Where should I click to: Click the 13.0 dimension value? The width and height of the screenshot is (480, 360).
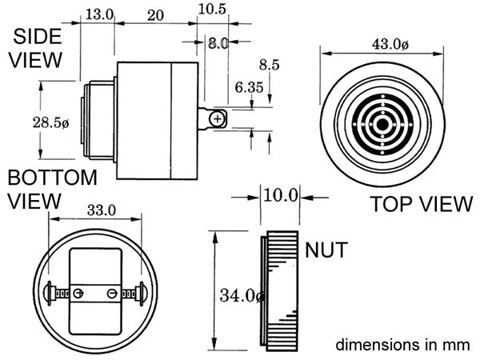99,14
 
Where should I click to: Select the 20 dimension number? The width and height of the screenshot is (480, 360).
155,15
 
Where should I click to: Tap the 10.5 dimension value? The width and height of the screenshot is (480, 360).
212,9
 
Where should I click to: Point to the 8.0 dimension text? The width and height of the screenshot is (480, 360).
218,43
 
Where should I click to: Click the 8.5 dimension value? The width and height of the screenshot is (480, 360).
270,65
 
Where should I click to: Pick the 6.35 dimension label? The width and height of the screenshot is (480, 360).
249,87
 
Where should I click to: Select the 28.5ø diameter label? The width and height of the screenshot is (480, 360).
51,122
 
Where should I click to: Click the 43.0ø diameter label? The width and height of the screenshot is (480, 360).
390,44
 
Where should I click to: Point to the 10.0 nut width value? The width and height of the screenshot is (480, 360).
281,195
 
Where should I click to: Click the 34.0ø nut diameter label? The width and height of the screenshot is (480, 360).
242,296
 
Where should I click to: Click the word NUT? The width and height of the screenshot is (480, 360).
326,250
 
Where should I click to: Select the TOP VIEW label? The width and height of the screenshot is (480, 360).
422,204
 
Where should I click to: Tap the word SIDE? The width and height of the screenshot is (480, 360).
38,37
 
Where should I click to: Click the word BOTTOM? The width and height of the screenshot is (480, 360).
52,178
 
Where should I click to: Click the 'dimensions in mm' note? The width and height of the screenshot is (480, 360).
402,345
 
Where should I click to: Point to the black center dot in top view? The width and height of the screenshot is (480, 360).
382,125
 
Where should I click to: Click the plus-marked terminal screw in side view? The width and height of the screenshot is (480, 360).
217,118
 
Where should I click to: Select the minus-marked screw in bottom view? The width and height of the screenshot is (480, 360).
112,294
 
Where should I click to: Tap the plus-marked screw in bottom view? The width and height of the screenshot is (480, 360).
78,294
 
